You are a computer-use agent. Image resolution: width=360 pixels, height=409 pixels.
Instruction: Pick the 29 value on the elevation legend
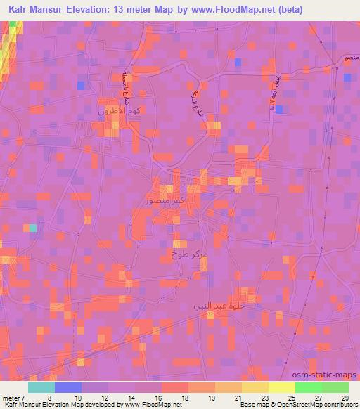pyautogui.click(x=344, y=397)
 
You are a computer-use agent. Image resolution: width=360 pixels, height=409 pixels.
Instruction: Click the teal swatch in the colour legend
pyautogui.click(x=41, y=387)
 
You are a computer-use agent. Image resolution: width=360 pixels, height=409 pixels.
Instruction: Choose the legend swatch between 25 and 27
pyautogui.click(x=308, y=387)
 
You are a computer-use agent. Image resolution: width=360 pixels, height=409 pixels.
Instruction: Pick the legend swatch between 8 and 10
pyautogui.click(x=68, y=387)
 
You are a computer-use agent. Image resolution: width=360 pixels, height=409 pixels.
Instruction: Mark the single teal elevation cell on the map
pyautogui.click(x=31, y=228)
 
